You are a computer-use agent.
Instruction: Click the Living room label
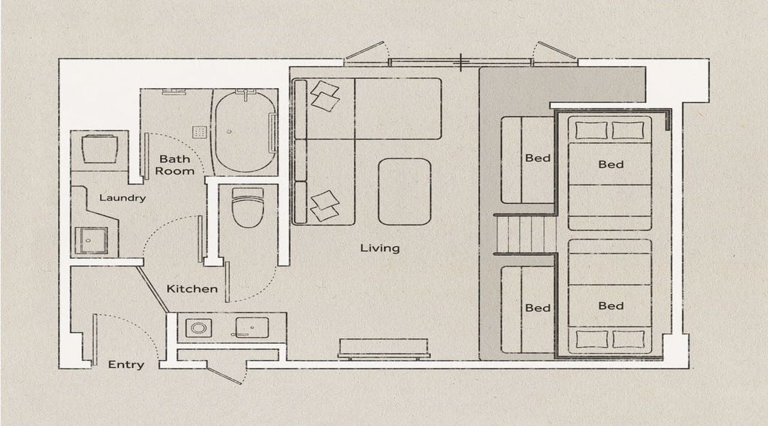coord(380,248)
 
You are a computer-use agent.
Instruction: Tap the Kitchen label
coord(192,288)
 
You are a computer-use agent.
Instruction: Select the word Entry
coord(126,364)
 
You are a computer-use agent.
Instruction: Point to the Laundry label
coord(122,197)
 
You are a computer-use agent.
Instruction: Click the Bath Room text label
coord(175,165)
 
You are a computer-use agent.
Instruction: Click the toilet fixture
coord(248,207)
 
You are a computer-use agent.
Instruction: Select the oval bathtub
coord(243,132)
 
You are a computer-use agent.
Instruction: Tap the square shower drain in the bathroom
coord(199,132)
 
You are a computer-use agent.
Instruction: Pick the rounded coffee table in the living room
coord(405,192)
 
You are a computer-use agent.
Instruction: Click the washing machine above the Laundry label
coord(100,149)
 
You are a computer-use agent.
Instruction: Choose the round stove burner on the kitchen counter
coord(198,328)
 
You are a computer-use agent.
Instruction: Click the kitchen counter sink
coord(252,328)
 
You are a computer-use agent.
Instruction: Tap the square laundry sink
coord(91,240)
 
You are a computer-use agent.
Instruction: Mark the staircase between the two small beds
coord(525,234)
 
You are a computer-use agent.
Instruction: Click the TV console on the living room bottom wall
coord(383,349)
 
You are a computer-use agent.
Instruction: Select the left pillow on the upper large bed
coord(591,130)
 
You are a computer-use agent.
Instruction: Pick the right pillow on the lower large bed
coord(629,339)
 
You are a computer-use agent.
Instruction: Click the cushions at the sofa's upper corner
coord(325,95)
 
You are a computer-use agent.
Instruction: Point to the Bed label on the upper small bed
coord(538,158)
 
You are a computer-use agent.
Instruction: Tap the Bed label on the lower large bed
coord(611,306)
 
